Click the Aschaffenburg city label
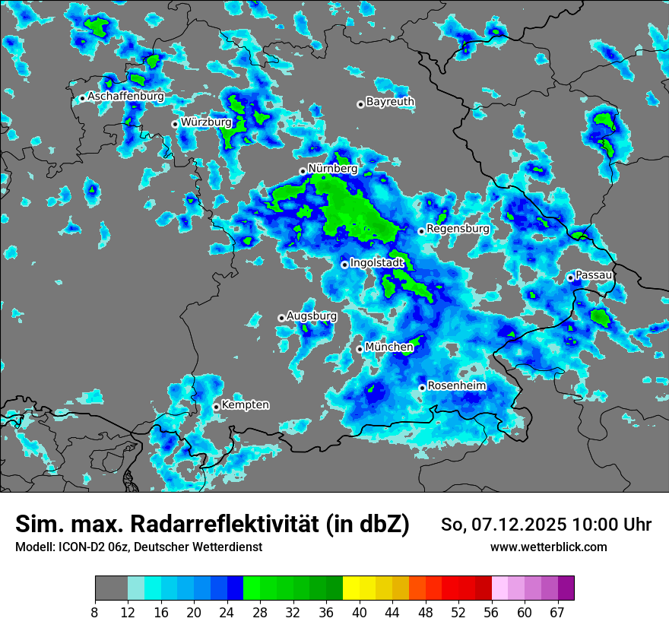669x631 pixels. (125, 97)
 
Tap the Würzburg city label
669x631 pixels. (206, 122)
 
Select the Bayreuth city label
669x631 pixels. (390, 101)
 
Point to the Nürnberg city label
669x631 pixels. (333, 168)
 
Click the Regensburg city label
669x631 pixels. (458, 228)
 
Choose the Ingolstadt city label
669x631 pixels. (376, 262)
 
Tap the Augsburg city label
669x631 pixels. (312, 315)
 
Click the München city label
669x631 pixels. (389, 347)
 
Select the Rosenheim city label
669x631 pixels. (457, 385)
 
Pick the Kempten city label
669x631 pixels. (246, 404)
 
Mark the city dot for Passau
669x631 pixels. (570, 277)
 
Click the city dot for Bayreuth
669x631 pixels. (360, 104)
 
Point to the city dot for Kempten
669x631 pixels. (216, 407)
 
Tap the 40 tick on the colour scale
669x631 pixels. (360, 612)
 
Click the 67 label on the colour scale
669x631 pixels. (557, 612)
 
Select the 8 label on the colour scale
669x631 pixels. (94, 612)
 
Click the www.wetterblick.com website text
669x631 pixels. (548, 547)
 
